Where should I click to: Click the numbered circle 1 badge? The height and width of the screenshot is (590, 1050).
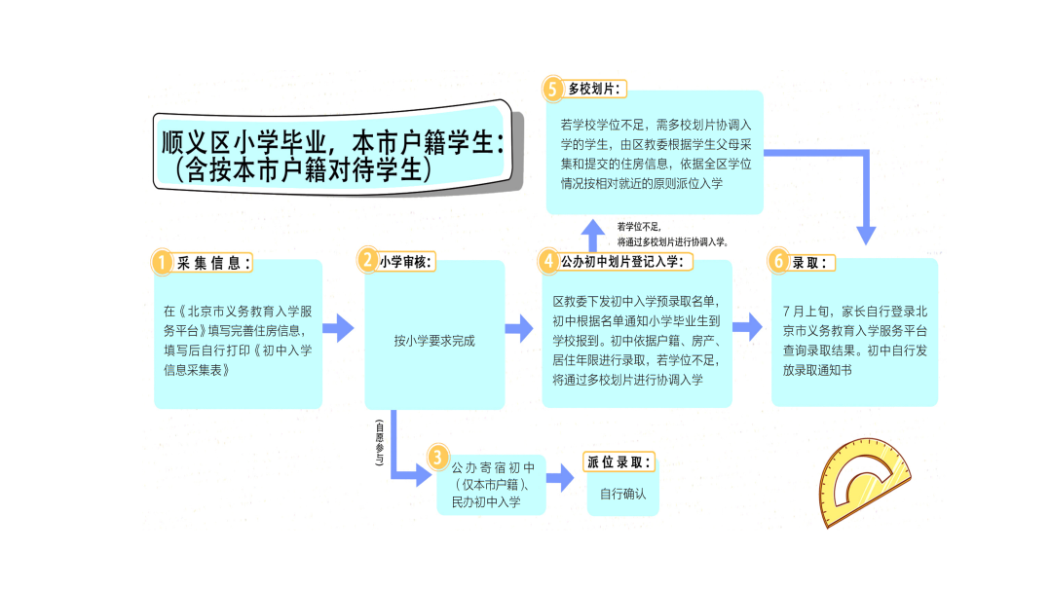tap(162, 262)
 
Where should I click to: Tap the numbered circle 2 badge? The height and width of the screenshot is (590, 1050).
tap(368, 260)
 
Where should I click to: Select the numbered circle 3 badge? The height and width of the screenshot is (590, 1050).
tap(438, 458)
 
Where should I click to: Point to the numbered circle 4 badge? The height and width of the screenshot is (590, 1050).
tap(549, 261)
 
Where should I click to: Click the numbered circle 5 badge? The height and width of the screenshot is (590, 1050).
tap(553, 89)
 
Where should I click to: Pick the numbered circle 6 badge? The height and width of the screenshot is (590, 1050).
tap(777, 261)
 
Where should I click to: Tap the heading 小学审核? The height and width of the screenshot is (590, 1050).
tap(406, 261)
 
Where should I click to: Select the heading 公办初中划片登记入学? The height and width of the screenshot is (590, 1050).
tap(626, 261)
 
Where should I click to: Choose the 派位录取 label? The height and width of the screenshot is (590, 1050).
tap(620, 462)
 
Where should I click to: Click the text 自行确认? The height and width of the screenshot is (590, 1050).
tap(622, 494)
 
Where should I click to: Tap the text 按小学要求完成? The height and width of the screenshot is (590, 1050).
tap(434, 341)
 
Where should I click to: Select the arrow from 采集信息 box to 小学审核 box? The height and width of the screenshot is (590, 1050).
tap(338, 328)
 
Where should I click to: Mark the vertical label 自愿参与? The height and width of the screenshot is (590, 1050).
tap(380, 442)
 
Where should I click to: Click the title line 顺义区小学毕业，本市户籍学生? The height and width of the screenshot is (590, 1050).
tap(331, 142)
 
